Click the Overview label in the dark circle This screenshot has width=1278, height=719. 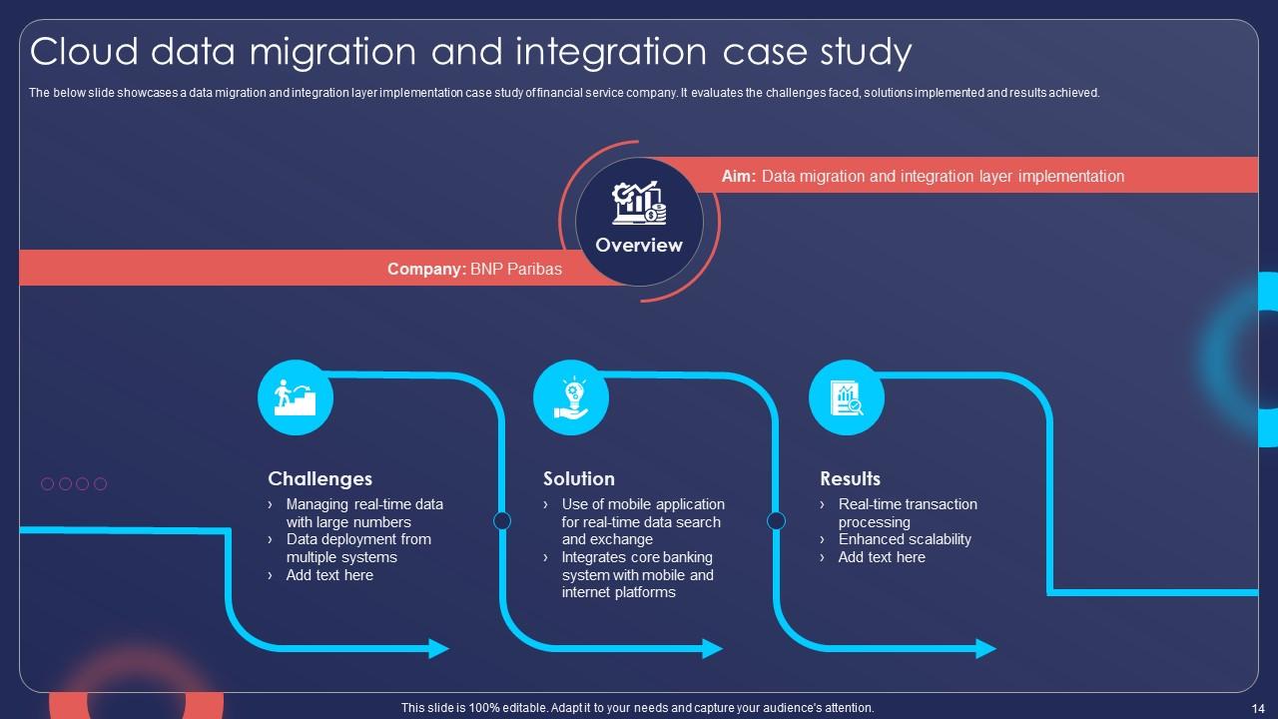639,246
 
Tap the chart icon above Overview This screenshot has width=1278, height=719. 639,204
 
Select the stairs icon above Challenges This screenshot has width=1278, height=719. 296,397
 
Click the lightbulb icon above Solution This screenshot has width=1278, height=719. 571,397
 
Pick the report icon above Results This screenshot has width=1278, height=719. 847,397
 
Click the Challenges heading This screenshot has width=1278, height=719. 319,479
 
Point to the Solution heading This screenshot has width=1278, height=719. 579,479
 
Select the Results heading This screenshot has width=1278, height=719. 851,479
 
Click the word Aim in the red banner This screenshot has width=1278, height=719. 738,177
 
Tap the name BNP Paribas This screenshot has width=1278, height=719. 516,269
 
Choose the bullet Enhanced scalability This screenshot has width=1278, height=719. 905,539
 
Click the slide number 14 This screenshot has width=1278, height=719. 1257,708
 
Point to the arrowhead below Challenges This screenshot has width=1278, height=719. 439,648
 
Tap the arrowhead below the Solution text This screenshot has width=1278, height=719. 713,648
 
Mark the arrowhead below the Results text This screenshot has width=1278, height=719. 986,648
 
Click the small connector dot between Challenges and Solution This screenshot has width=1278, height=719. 502,520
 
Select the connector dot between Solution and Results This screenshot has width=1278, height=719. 776,520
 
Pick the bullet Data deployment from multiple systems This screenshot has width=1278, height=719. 357,548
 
